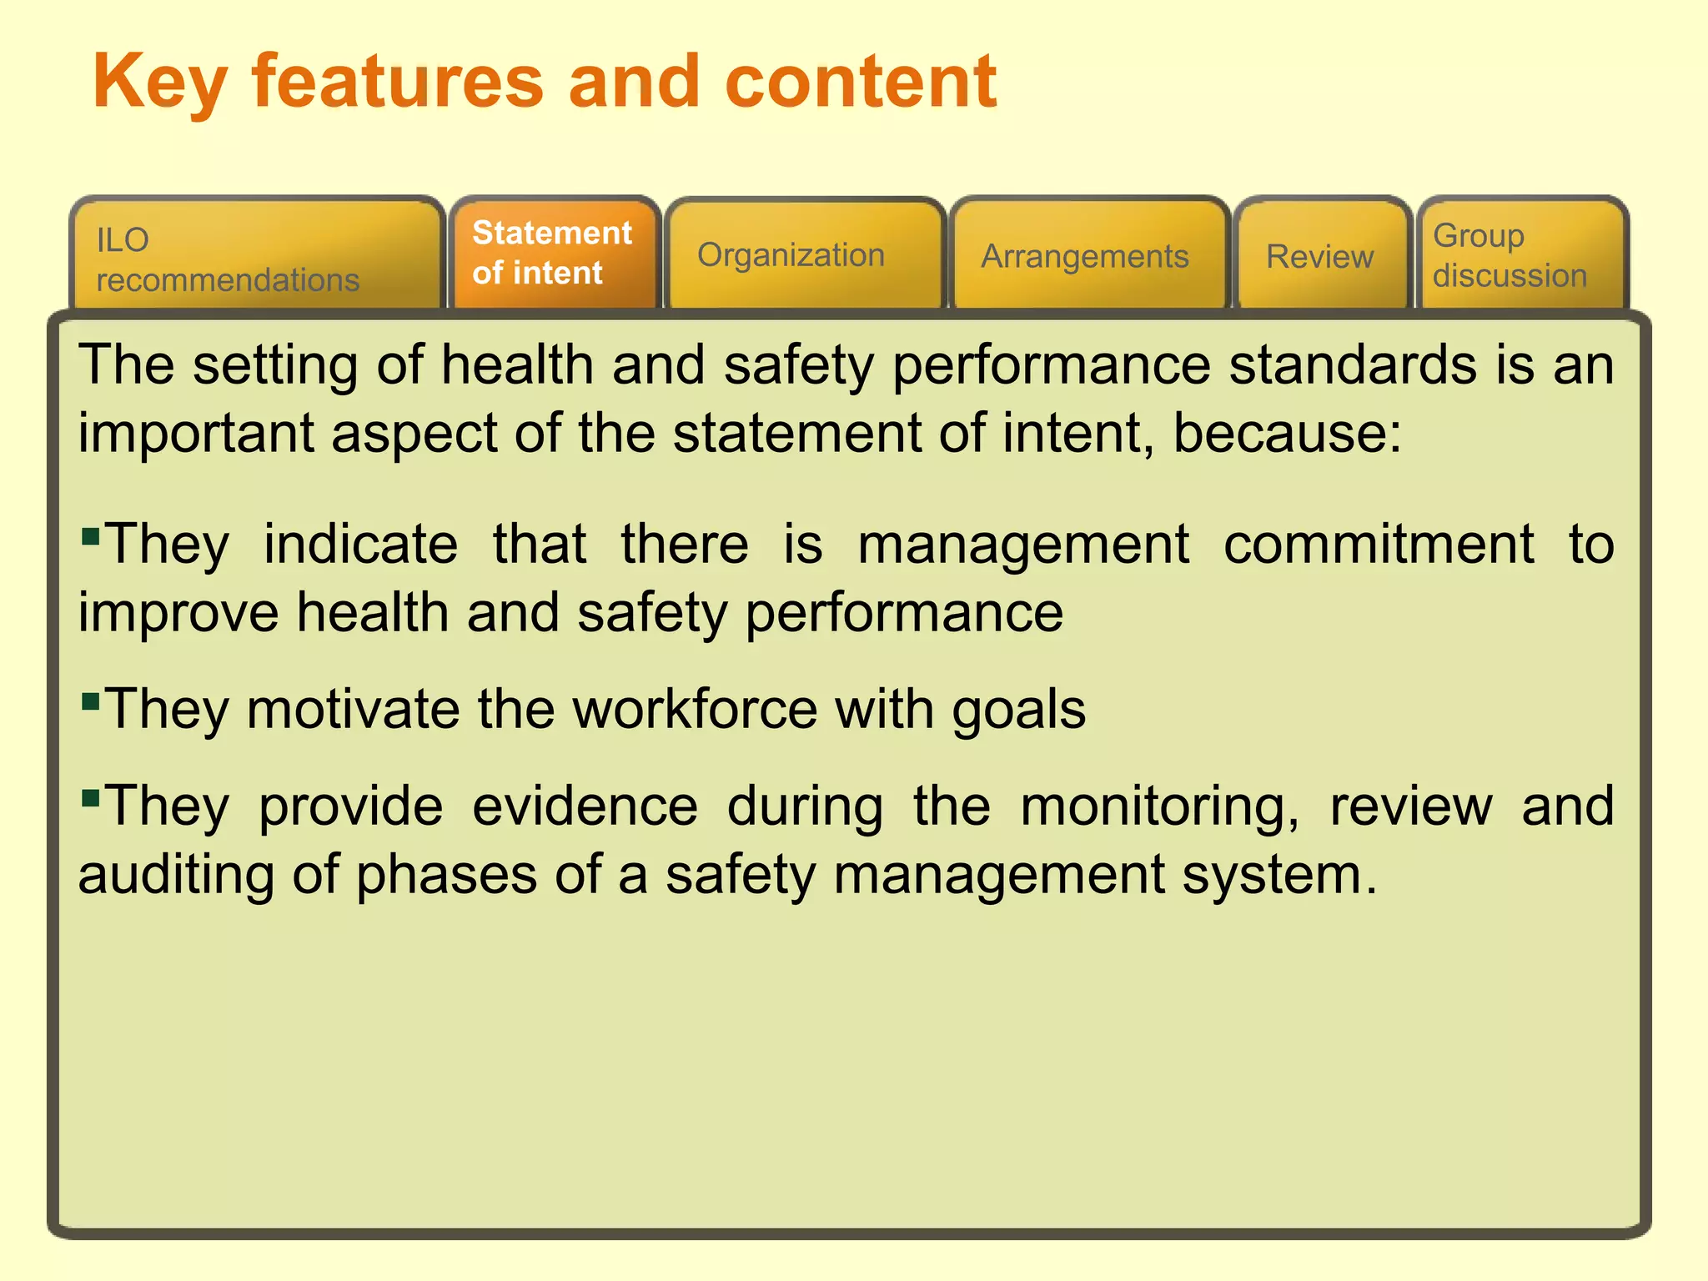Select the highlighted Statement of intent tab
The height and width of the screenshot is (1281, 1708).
554,254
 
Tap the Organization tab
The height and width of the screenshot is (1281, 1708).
805,255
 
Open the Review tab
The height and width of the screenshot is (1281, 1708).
1321,256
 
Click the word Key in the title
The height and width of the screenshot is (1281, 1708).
159,83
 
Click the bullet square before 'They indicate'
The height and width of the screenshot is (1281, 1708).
91,534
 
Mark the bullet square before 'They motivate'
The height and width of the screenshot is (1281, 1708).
91,699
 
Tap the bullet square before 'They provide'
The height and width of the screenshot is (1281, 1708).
91,798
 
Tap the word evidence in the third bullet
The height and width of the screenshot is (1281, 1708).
585,806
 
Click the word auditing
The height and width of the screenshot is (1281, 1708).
175,876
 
